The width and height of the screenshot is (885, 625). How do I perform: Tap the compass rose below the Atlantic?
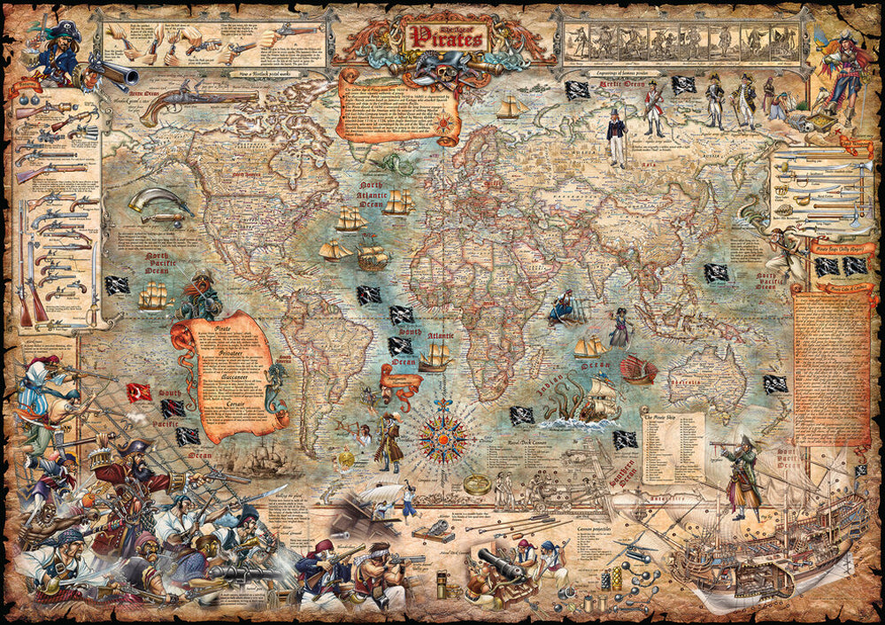click(443, 434)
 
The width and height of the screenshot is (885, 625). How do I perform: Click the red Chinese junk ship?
click(638, 369)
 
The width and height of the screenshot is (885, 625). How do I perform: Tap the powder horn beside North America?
click(159, 205)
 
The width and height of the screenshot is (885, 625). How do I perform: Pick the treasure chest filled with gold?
click(817, 114)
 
